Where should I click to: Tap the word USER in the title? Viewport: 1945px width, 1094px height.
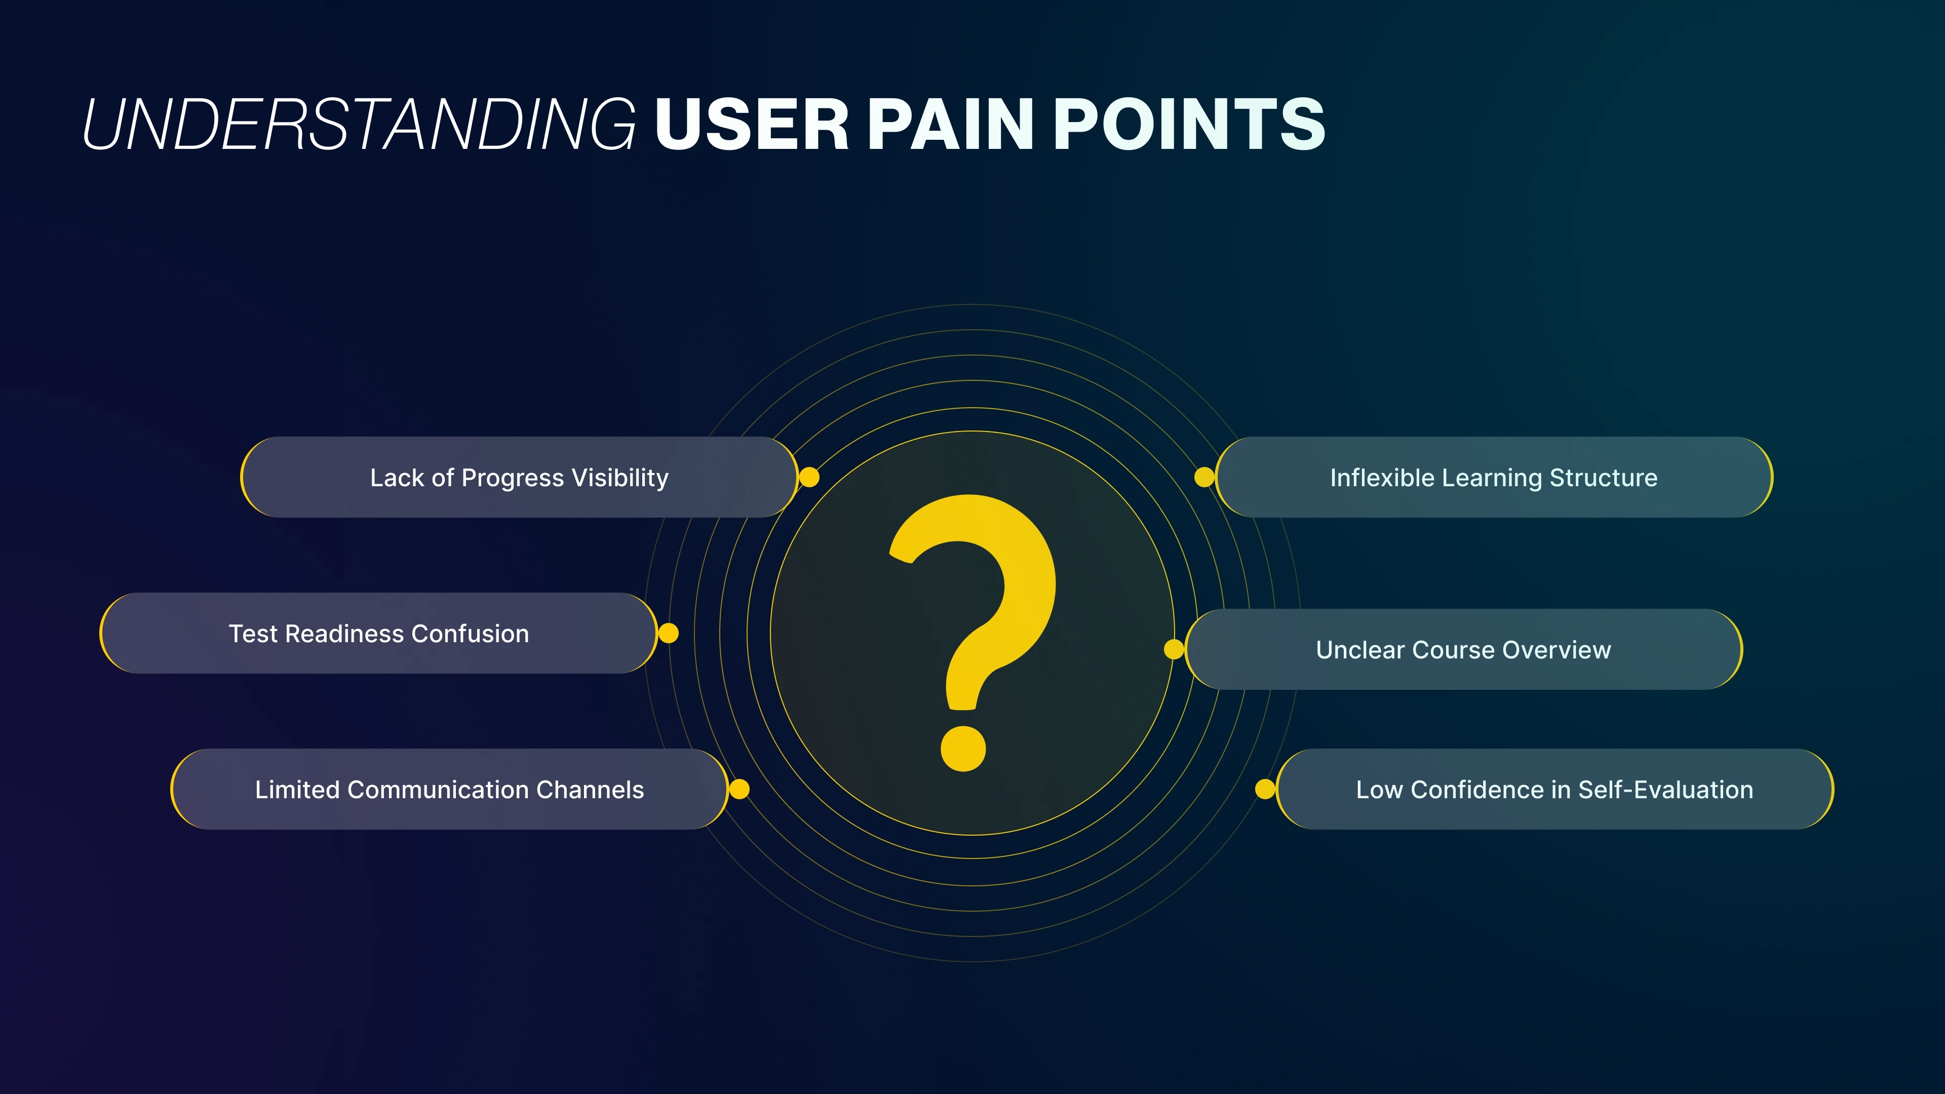752,125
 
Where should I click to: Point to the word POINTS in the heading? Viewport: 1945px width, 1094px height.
1189,125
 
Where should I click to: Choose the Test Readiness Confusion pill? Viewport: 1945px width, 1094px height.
378,634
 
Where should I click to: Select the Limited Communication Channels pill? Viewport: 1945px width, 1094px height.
449,789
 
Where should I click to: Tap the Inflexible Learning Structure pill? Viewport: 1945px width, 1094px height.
1494,477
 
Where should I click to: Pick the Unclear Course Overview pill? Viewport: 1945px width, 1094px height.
1463,649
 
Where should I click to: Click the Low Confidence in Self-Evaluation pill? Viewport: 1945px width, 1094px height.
1554,789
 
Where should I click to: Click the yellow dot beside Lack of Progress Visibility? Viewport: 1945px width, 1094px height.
809,477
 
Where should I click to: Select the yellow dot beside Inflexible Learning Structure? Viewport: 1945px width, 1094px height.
1204,477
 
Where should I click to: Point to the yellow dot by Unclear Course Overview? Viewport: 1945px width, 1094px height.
1174,649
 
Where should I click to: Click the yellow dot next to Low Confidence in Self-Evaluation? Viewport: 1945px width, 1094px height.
1265,789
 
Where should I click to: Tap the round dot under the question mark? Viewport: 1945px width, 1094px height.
963,749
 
